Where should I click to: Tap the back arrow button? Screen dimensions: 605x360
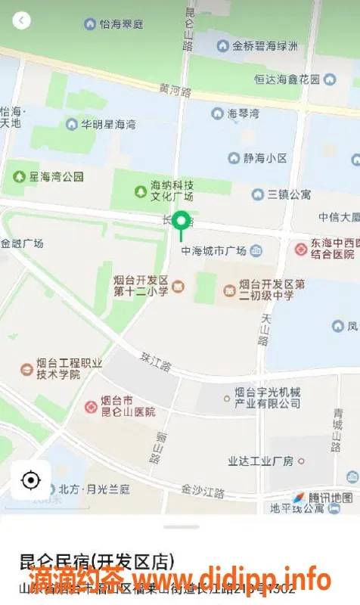click(x=21, y=20)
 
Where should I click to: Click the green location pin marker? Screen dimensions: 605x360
click(x=181, y=222)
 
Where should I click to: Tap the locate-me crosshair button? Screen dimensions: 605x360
click(x=30, y=479)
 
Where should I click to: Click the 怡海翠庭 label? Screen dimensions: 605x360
click(x=121, y=24)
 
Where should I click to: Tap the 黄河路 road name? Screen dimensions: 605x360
click(x=175, y=88)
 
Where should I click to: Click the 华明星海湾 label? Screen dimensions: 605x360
click(x=108, y=123)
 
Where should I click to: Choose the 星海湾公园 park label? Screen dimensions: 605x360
click(x=56, y=177)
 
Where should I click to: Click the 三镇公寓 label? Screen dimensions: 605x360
click(x=288, y=194)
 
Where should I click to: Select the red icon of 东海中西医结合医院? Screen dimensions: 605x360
click(x=301, y=248)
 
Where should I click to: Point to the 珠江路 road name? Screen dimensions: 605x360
click(x=156, y=361)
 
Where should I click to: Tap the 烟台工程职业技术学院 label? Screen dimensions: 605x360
click(x=70, y=368)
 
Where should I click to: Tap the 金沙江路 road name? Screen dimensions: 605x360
click(x=203, y=492)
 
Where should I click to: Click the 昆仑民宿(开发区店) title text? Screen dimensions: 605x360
click(x=97, y=562)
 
